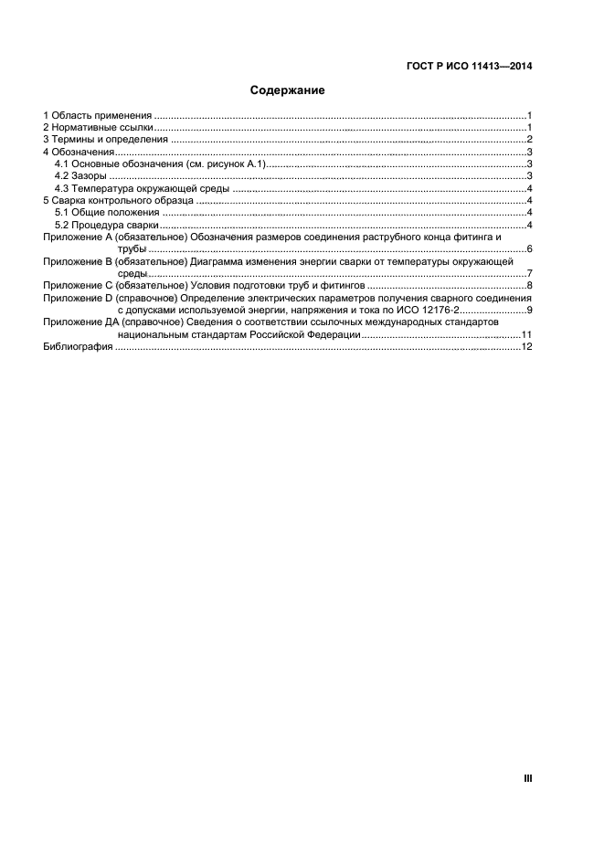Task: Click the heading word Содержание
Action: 288,91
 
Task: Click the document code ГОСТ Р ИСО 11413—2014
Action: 470,66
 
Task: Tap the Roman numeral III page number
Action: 527,778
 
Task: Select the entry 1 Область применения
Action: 98,116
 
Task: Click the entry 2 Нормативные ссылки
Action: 100,128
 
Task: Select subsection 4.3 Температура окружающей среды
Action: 138,188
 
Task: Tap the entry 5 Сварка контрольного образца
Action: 119,200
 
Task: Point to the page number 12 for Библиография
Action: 526,347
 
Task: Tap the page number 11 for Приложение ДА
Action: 526,335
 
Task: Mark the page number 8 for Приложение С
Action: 529,286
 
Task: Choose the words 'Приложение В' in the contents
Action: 77,261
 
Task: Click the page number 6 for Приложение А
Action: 529,249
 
